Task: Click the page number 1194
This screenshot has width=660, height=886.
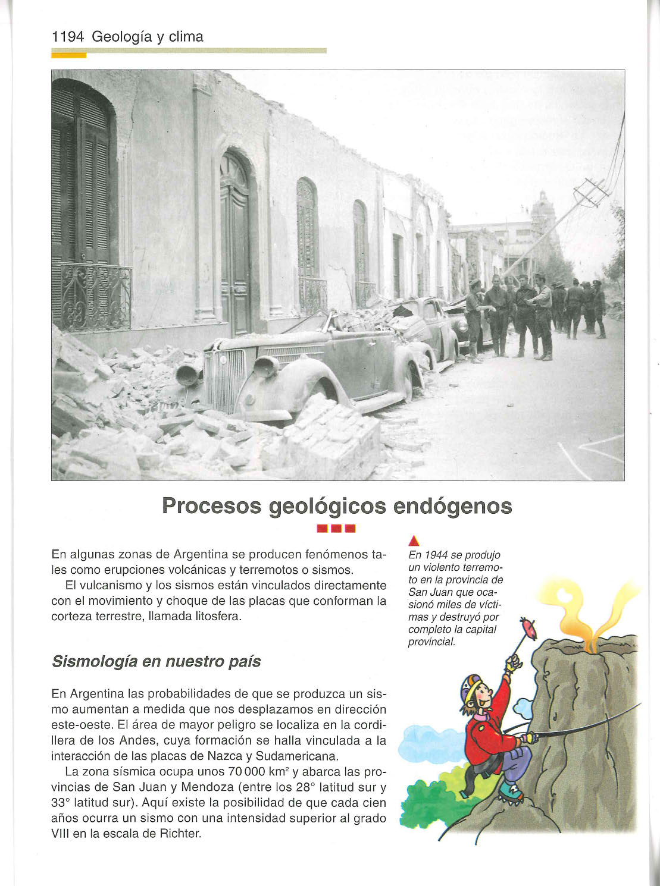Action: click(68, 37)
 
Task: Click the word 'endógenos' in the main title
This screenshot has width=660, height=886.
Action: click(452, 506)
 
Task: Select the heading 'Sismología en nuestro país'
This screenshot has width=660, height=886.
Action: click(157, 662)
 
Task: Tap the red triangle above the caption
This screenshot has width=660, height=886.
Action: click(415, 541)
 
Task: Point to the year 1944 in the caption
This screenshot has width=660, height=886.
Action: click(437, 555)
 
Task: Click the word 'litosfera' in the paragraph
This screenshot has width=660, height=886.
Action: click(217, 616)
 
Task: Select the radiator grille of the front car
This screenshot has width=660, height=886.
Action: click(224, 379)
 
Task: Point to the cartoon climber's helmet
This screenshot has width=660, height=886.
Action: click(470, 687)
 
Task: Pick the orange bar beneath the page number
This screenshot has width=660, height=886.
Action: click(69, 56)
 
